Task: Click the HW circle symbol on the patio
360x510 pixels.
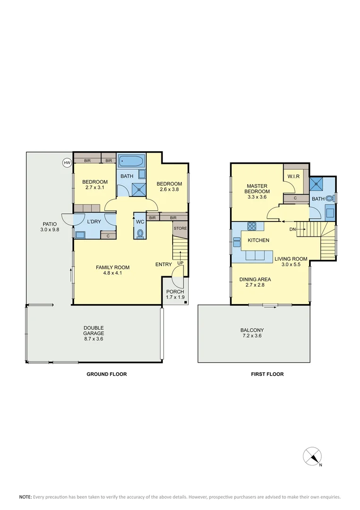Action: tap(67, 162)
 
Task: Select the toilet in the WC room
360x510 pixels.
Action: tap(140, 233)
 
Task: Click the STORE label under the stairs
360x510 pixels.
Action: tap(180, 229)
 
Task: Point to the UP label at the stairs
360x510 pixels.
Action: tap(180, 263)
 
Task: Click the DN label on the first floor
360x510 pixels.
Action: tap(293, 229)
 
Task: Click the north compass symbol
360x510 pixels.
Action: tap(312, 456)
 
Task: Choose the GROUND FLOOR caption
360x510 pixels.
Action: tap(106, 374)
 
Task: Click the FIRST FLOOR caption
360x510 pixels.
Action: tap(267, 374)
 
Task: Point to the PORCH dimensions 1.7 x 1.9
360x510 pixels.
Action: tap(176, 297)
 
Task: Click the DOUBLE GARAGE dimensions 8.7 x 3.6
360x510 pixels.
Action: tap(93, 339)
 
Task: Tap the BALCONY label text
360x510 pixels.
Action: tap(252, 330)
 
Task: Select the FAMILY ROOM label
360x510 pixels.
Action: tap(112, 267)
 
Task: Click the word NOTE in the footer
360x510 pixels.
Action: tap(25, 497)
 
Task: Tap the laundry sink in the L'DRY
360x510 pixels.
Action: tap(80, 234)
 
